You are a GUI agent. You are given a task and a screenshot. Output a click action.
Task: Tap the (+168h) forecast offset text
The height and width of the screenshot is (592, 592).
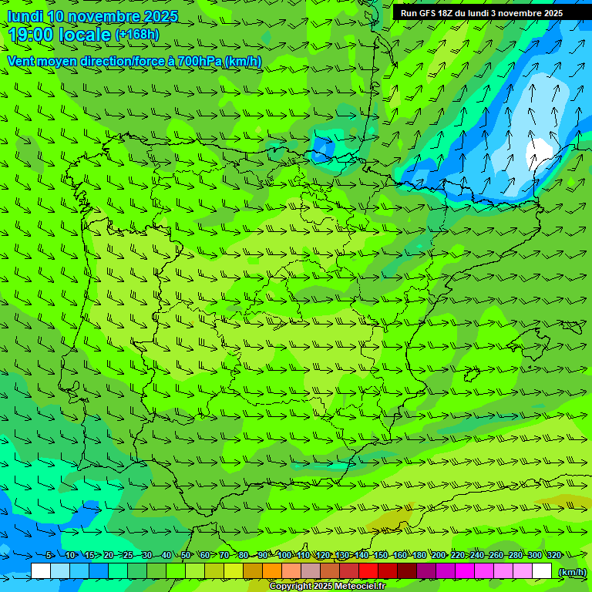coord(137,35)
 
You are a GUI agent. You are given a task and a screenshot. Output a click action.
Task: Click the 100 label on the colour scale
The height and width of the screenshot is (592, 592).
coord(285,555)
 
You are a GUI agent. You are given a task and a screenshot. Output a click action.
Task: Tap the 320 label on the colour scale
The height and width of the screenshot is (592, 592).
coord(553,555)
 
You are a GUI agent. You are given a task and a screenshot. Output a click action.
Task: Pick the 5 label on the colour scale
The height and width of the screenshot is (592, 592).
coord(49,555)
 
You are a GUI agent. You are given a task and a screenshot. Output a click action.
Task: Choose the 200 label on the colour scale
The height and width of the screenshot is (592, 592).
coord(439,555)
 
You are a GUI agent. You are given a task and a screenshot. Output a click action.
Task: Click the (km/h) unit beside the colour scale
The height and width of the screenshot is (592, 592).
coord(572,571)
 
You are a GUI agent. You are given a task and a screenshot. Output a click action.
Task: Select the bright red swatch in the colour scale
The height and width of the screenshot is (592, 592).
coord(368,571)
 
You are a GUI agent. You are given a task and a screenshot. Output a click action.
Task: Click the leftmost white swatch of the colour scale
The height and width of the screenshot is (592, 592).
coord(41,571)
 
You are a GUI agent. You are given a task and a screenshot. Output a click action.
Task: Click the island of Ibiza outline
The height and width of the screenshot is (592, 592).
coord(472,375)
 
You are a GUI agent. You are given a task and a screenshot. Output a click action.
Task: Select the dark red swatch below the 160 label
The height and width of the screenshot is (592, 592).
coord(407,571)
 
